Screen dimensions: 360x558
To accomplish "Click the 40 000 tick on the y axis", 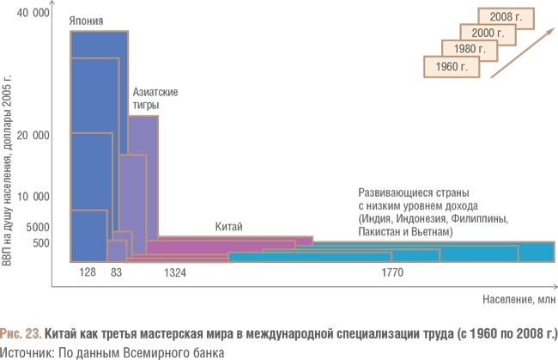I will [x=35, y=12].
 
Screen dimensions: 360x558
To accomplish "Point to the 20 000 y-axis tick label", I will [x=35, y=136].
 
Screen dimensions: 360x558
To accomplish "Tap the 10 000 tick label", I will [x=35, y=197].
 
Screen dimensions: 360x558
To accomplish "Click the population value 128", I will [x=88, y=272].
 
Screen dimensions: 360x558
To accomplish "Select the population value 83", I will [x=118, y=272].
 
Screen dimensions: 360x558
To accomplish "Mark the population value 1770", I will [x=392, y=272].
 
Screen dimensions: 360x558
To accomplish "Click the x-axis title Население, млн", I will [x=518, y=300].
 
